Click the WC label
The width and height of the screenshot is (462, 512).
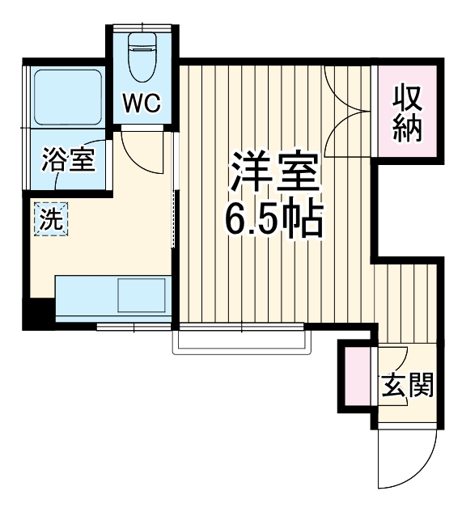(x=142, y=103)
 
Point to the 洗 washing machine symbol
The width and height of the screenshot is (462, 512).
(x=50, y=219)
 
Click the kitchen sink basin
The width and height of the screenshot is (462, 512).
(x=142, y=295)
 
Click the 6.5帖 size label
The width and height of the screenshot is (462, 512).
(x=273, y=218)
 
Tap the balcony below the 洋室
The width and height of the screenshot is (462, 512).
(x=242, y=340)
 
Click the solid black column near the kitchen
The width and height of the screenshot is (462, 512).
(x=36, y=311)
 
